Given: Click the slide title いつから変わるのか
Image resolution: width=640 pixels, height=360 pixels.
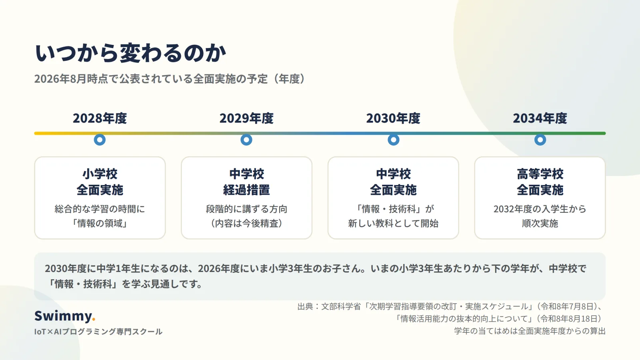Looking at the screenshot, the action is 130,53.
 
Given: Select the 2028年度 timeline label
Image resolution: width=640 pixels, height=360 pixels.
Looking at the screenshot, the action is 100,118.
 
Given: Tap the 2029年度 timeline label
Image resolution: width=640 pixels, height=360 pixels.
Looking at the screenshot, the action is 246,118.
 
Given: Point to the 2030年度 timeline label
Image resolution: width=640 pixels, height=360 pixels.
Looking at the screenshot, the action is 393,118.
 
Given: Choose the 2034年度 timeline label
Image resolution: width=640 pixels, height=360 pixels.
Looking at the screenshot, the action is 540,118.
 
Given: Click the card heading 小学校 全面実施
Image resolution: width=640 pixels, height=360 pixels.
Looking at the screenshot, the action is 100,182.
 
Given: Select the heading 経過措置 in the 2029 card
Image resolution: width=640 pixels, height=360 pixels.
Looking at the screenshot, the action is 246,190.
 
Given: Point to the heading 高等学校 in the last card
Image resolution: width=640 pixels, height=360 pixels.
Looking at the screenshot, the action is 540,174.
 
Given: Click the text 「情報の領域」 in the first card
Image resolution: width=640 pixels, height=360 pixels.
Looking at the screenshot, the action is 100,223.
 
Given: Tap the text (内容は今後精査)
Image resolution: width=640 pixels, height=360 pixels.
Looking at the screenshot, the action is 246,223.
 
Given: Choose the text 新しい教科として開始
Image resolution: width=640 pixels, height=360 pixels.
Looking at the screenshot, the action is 393,223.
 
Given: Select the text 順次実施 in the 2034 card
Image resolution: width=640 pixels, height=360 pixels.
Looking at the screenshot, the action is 540,223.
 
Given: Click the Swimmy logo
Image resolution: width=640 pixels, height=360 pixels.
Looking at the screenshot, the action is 65,316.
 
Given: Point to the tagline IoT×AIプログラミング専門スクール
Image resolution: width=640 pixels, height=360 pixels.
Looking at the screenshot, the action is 98,332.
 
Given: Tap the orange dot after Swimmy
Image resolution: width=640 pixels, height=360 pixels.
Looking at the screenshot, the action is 94,320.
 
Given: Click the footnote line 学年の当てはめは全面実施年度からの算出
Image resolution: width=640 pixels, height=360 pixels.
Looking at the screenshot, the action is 530,331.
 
